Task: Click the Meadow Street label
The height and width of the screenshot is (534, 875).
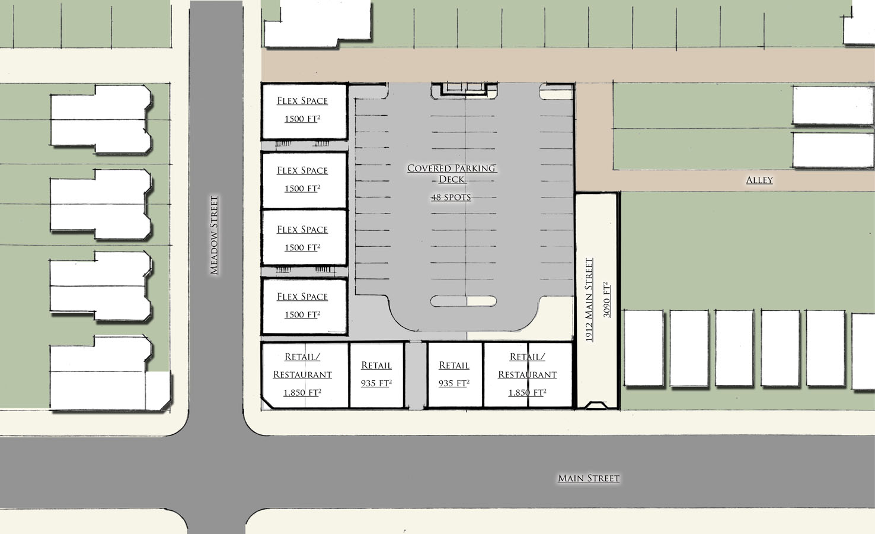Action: click(x=214, y=235)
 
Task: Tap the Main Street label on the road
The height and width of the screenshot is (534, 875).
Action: click(x=588, y=478)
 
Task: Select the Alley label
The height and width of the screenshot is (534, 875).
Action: click(x=759, y=180)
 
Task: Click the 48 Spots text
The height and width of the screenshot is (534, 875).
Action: click(x=451, y=198)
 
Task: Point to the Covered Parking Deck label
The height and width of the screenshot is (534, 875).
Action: click(x=452, y=174)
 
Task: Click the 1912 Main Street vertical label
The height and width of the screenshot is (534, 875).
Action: click(x=589, y=300)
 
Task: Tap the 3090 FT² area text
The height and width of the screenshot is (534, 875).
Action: click(x=606, y=300)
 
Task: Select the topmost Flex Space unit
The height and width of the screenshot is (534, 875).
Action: click(x=304, y=112)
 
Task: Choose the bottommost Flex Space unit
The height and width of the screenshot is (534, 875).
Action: click(x=304, y=307)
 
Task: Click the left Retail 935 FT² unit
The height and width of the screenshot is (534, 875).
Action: click(x=376, y=376)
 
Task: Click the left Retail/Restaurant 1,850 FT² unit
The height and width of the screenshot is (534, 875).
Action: click(x=305, y=376)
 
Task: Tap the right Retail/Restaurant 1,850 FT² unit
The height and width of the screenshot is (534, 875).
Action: click(x=528, y=376)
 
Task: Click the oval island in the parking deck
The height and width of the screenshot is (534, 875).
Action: click(x=464, y=301)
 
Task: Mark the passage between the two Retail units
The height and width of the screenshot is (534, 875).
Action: click(x=416, y=376)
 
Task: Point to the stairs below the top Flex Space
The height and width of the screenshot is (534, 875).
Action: click(x=283, y=144)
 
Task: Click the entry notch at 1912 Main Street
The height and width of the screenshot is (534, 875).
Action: click(x=596, y=405)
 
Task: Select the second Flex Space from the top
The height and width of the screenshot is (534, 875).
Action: click(x=304, y=180)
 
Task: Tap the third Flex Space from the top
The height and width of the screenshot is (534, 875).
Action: click(x=304, y=238)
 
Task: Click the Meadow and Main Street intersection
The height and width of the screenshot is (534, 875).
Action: click(x=216, y=472)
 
